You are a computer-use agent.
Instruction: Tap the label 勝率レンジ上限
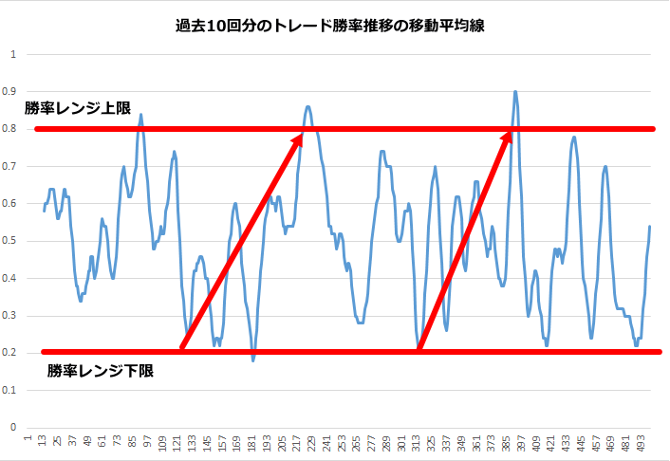pos(78,108)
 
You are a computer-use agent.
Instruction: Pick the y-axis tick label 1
pos(14,54)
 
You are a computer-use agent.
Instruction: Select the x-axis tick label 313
pos(417,443)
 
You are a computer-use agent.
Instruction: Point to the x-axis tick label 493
pos(642,443)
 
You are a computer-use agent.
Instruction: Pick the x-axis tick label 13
pos(43,443)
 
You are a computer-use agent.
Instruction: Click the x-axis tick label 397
pos(522,443)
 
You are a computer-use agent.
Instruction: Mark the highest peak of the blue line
pos(515,92)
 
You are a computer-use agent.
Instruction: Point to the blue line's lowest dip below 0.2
pos(253,360)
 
